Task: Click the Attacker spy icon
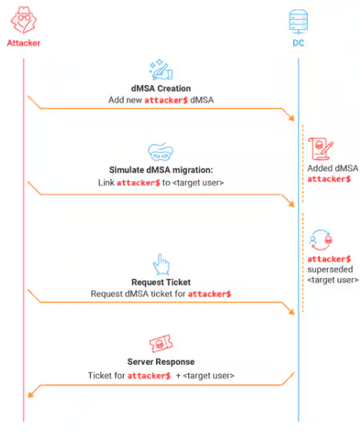point(24,20)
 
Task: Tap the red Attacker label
point(24,43)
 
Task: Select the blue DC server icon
point(299,21)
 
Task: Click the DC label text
point(299,43)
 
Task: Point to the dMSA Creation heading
point(161,88)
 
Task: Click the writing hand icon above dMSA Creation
point(161,69)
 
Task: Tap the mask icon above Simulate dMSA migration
point(161,152)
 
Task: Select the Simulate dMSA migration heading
point(161,170)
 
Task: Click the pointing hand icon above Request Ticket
point(161,264)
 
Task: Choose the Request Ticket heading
point(161,282)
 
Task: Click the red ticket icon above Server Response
point(161,343)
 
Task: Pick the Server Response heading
point(161,362)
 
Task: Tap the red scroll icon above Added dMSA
point(321,149)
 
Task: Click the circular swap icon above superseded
point(321,240)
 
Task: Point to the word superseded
point(330,269)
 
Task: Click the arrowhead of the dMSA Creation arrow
point(291,118)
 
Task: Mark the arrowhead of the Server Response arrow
point(31,394)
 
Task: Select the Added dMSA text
point(332,168)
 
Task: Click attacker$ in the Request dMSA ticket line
point(210,294)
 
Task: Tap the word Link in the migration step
point(106,183)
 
